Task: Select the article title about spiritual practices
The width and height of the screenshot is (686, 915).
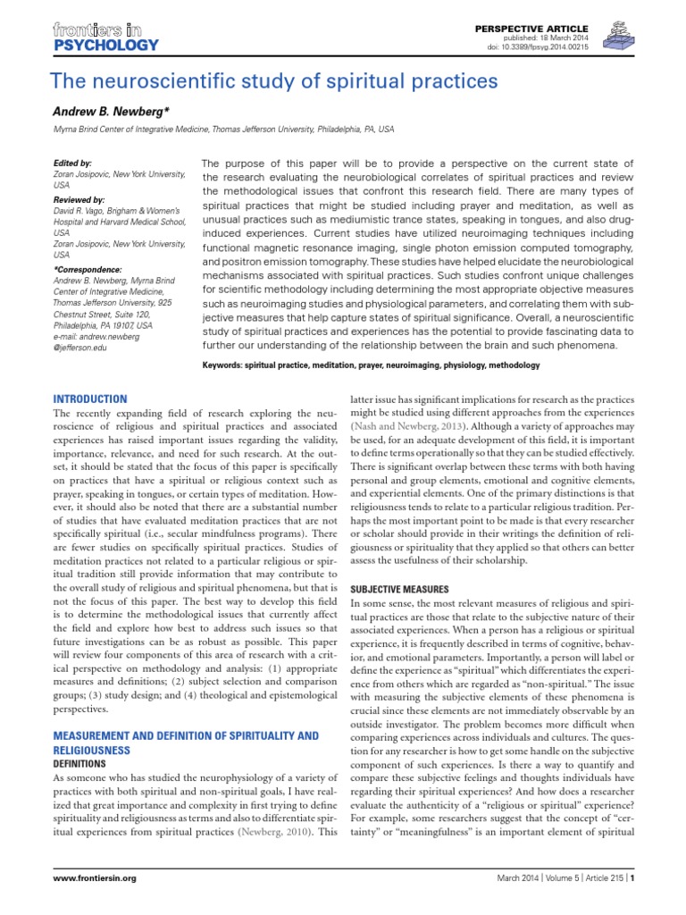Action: [274, 81]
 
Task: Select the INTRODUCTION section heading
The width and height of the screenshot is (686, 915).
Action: [90, 398]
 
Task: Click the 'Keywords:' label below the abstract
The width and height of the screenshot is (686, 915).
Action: [229, 365]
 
